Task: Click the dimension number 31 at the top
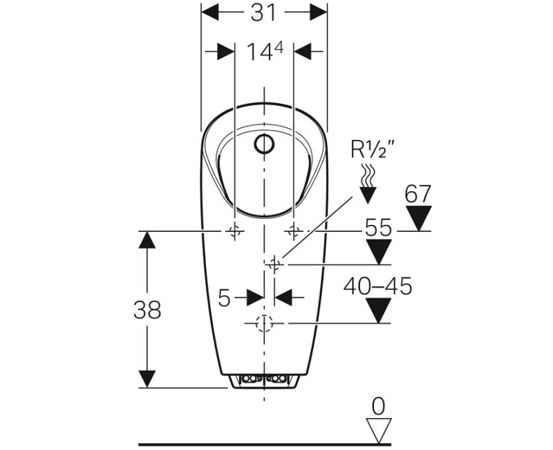263,12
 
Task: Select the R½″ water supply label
372,149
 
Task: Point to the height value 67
418,194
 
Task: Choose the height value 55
378,227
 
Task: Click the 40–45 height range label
377,286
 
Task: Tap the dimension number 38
147,309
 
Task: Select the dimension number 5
224,298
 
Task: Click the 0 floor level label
378,406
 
